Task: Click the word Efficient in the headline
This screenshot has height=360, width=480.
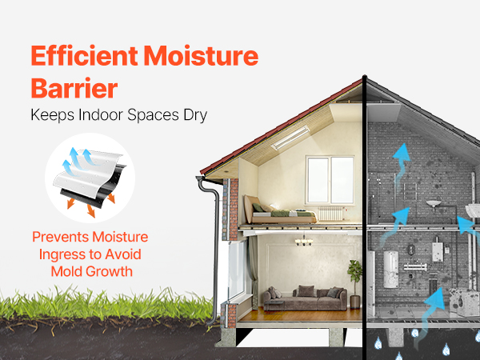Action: click(x=85, y=56)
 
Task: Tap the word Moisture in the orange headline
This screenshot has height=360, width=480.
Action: click(x=201, y=56)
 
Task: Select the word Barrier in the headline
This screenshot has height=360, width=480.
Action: click(x=74, y=89)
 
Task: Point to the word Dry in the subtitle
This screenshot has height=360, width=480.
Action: click(x=195, y=115)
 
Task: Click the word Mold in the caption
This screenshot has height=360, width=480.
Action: click(x=66, y=271)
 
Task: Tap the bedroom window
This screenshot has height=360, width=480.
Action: click(x=330, y=180)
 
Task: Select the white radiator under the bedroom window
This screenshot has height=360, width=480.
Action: click(x=330, y=214)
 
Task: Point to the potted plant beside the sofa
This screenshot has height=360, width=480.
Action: click(x=354, y=284)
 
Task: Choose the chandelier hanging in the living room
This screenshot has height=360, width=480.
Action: click(x=304, y=240)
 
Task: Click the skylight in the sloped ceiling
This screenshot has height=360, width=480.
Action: click(x=290, y=138)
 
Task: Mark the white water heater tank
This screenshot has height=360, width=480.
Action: click(x=391, y=270)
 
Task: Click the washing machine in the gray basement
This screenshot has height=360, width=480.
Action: click(x=464, y=302)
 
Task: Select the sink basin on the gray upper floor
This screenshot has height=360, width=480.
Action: click(x=434, y=203)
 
